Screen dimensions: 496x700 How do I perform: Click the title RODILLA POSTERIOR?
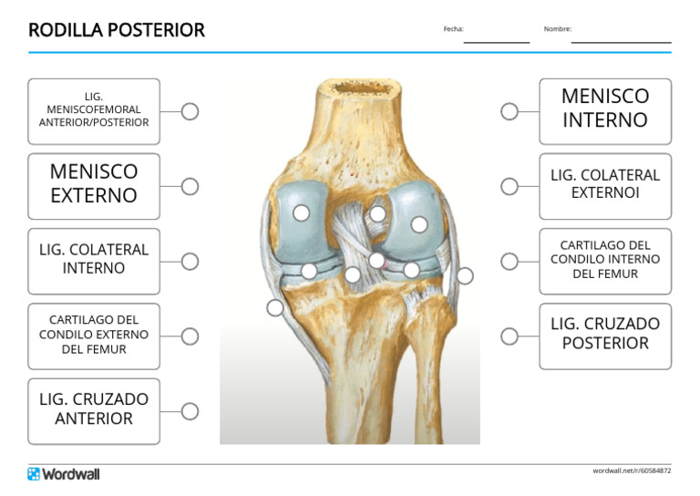pyautogui.click(x=117, y=30)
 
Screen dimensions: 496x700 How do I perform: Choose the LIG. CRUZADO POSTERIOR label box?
pyautogui.click(x=604, y=335)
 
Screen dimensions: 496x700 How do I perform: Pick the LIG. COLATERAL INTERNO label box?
pyautogui.click(x=94, y=260)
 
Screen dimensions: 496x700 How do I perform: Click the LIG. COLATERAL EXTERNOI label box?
pyautogui.click(x=604, y=185)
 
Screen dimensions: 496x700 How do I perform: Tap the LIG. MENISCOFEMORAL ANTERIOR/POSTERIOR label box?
pyautogui.click(x=94, y=110)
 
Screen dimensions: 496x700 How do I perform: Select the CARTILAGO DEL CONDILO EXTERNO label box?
pyautogui.click(x=94, y=335)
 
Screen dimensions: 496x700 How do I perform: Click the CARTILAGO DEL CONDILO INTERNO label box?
pyautogui.click(x=604, y=260)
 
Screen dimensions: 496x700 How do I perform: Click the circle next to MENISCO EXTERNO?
pyautogui.click(x=190, y=186)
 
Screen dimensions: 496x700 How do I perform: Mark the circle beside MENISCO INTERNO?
pyautogui.click(x=510, y=111)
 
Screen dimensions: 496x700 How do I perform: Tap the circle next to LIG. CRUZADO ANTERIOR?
pyautogui.click(x=190, y=411)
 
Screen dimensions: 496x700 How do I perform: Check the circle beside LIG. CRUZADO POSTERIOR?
pyautogui.click(x=510, y=336)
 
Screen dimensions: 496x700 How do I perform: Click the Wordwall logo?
pyautogui.click(x=64, y=474)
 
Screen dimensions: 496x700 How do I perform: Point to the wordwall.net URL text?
pyautogui.click(x=632, y=470)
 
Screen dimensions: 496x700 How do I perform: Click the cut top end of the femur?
pyautogui.click(x=359, y=88)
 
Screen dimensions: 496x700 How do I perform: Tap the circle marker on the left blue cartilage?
pyautogui.click(x=301, y=212)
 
